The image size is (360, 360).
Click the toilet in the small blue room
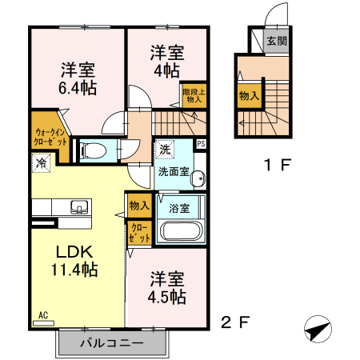coord(93,151)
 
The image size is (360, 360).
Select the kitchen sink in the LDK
coord(79,207)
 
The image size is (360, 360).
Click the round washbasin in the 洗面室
coord(198,178)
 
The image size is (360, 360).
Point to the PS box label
coord(202,144)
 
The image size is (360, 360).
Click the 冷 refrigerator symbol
coord(41,162)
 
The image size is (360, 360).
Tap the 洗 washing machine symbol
coord(165,150)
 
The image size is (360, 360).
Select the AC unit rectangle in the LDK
coord(43,323)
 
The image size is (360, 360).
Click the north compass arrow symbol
coord(318,329)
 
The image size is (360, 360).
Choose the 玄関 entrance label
coord(277,42)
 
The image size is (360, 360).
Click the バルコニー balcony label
coord(112,343)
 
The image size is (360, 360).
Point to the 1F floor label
coord(277,165)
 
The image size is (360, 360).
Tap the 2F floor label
coord(235,322)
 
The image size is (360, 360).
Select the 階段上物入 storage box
coord(194,96)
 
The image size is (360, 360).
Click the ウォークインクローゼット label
coord(50,137)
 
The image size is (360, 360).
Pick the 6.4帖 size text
coord(78,88)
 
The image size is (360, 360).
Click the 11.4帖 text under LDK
coord(74,269)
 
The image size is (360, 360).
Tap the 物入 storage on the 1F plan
coord(250,96)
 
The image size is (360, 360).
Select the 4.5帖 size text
coord(167,297)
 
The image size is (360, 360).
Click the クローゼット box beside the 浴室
coord(139,233)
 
